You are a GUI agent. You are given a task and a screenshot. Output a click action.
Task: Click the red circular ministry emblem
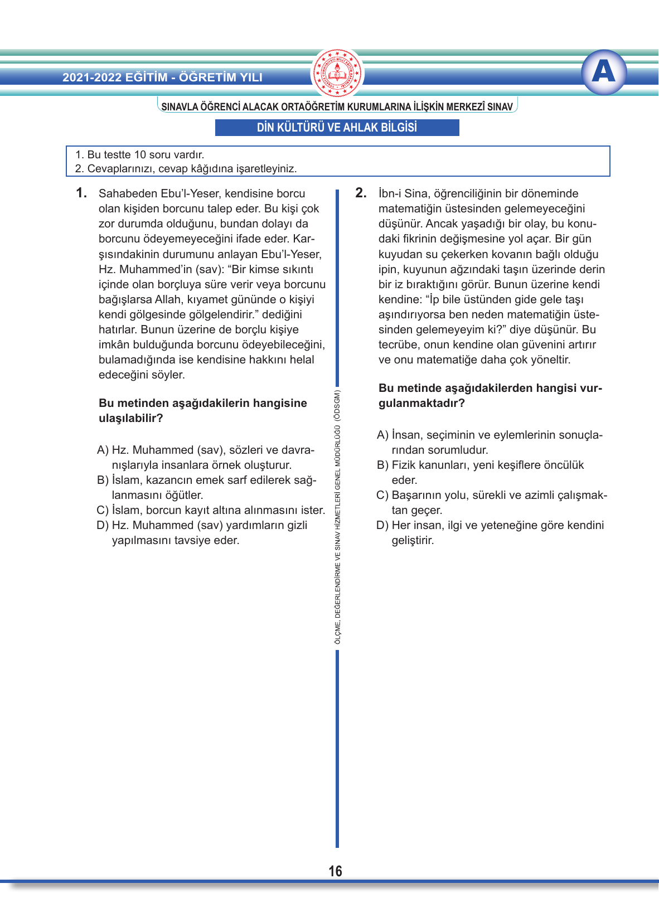337,73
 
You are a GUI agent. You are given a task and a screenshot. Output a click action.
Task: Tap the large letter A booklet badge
604,72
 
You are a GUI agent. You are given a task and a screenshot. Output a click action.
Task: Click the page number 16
335,871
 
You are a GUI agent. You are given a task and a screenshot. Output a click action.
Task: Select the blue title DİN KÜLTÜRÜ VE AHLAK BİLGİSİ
337,128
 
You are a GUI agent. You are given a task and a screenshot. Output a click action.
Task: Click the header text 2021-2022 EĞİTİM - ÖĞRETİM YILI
162,77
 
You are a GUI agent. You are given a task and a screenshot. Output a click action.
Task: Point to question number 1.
81,193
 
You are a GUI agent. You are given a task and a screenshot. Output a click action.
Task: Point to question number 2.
361,193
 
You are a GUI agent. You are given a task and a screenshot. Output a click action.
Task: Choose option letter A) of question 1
103,450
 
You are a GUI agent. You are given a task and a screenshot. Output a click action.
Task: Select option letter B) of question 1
103,480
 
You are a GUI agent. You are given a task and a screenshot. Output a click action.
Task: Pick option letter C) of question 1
103,510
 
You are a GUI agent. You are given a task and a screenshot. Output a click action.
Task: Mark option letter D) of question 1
103,525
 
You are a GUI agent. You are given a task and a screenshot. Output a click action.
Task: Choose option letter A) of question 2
382,435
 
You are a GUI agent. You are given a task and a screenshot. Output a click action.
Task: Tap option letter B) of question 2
382,465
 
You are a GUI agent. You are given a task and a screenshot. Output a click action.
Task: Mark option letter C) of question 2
382,495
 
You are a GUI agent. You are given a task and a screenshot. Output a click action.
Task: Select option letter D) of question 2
382,525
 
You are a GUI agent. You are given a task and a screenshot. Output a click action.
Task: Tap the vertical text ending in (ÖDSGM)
337,517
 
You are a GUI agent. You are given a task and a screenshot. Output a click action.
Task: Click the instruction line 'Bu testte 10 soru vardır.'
140,154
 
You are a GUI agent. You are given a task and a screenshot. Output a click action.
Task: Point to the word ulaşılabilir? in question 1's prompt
130,418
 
